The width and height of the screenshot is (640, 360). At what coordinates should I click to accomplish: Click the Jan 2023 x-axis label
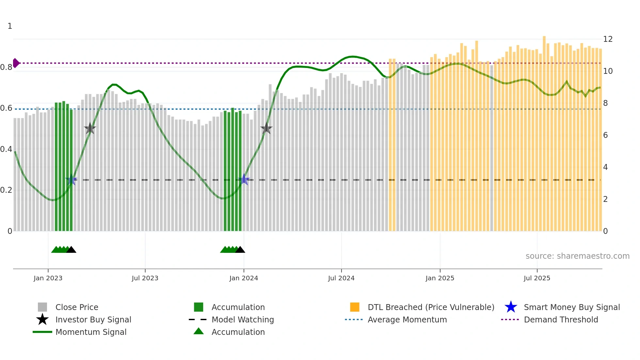tap(48, 278)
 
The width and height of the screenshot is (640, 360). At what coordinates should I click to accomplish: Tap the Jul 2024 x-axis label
tap(341, 278)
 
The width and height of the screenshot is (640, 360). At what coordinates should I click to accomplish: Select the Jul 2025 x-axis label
tap(536, 278)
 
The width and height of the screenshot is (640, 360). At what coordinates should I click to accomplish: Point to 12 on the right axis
tap(608, 39)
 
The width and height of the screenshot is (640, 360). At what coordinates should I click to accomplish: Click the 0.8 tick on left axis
tap(6, 67)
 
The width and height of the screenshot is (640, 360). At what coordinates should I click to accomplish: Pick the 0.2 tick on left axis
tap(6, 190)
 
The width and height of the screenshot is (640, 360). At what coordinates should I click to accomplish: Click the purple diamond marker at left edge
tap(16, 63)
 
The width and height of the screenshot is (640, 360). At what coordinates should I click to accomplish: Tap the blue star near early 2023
tap(71, 180)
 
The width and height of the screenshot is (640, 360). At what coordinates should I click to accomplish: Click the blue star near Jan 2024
tap(244, 180)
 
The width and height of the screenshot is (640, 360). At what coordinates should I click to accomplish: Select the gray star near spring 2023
tap(90, 129)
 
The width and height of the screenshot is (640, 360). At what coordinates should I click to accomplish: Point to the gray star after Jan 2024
tap(266, 129)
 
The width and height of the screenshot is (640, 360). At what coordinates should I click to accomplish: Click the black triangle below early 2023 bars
tap(71, 250)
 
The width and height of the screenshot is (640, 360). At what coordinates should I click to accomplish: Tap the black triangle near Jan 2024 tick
tap(240, 250)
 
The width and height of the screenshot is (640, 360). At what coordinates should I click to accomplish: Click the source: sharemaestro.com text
tap(577, 256)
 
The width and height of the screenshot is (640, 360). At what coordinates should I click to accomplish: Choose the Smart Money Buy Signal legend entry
tap(571, 307)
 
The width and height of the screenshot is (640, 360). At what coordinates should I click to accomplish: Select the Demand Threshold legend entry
tap(561, 319)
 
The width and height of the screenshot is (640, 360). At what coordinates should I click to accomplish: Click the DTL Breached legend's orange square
tap(355, 307)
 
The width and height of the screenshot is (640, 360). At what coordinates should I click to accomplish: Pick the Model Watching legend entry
tap(242, 319)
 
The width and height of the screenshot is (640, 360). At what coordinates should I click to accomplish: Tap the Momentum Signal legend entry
tap(91, 332)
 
